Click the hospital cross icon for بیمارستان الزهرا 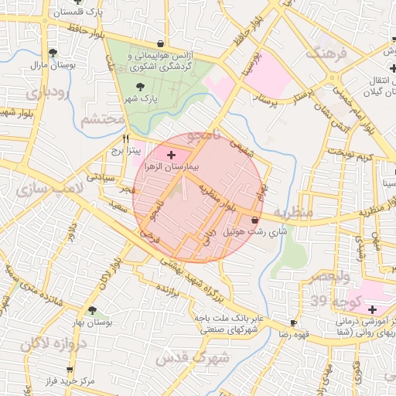tap(171, 155)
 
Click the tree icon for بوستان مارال tap(53, 53)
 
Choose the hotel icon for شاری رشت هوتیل tap(255, 220)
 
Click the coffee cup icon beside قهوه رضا tap(293, 323)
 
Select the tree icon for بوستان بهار tap(92, 309)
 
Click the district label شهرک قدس tap(193, 358)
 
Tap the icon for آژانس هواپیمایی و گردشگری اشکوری tap(160, 43)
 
